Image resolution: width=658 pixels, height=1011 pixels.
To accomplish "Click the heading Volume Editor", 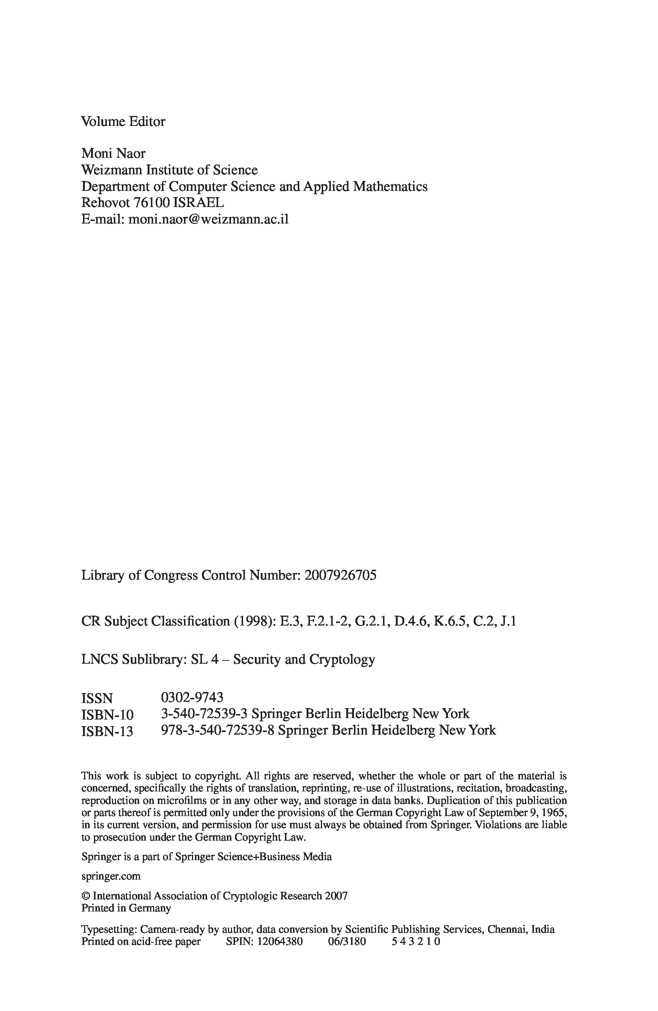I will (x=123, y=122).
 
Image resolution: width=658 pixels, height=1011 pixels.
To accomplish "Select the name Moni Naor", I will (x=113, y=153).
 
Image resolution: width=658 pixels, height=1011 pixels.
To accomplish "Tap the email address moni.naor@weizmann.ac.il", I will (x=208, y=219).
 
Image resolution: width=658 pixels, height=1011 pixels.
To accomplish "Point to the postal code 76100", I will (x=152, y=203).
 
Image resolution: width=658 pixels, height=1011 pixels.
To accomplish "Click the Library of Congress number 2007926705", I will (x=340, y=575).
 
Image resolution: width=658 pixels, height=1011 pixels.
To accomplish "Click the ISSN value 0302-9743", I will (x=192, y=697).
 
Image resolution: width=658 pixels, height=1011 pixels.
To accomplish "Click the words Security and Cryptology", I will (x=304, y=659).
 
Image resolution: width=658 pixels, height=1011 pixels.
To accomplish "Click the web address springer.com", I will (x=111, y=876).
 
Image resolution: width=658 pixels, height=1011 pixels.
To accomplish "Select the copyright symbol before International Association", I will (x=86, y=896).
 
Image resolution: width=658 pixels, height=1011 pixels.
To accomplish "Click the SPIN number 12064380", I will (x=279, y=941).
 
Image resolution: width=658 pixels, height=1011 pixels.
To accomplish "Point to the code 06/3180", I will (x=346, y=941).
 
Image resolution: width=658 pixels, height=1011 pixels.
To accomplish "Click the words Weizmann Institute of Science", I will (x=169, y=170).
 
